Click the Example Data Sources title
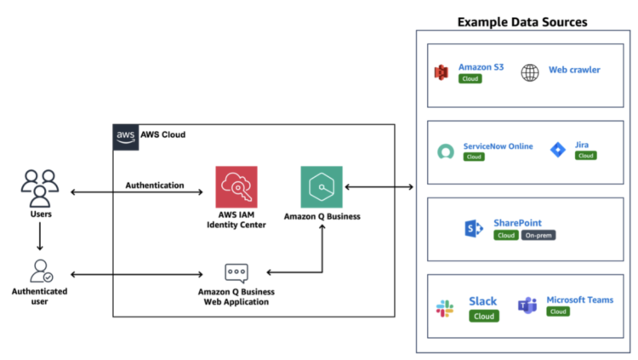pos(522,20)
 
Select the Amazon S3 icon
pos(441,73)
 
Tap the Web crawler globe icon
pos(530,73)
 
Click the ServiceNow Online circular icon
pos(445,152)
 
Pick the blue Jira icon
pos(557,151)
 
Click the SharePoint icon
pos(473,228)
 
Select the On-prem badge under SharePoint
pos(538,236)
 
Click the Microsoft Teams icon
pos(527,306)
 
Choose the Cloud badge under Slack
pos(483,316)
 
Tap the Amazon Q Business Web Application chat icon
pos(236,273)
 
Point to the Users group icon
pos(39,188)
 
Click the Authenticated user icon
pos(40,271)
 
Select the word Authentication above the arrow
pos(155,185)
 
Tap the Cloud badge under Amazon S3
pos(470,79)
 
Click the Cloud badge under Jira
pos(585,156)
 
